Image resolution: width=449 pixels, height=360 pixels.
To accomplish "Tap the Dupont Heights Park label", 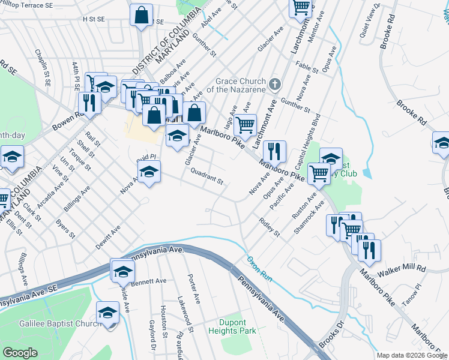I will coord(232,326).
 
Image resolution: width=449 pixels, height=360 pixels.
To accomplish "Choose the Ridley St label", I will coord(270,226).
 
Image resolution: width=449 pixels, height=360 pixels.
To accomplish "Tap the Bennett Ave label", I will coord(148,280).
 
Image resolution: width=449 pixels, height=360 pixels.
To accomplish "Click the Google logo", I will coord(20,353).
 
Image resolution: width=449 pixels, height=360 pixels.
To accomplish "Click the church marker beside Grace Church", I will coord(275,84).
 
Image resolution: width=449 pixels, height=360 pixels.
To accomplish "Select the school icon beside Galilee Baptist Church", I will coord(108,313).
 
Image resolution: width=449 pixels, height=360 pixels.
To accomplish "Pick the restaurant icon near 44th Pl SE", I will coord(89,101).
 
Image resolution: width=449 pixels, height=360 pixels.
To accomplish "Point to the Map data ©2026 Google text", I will coord(411,355).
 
